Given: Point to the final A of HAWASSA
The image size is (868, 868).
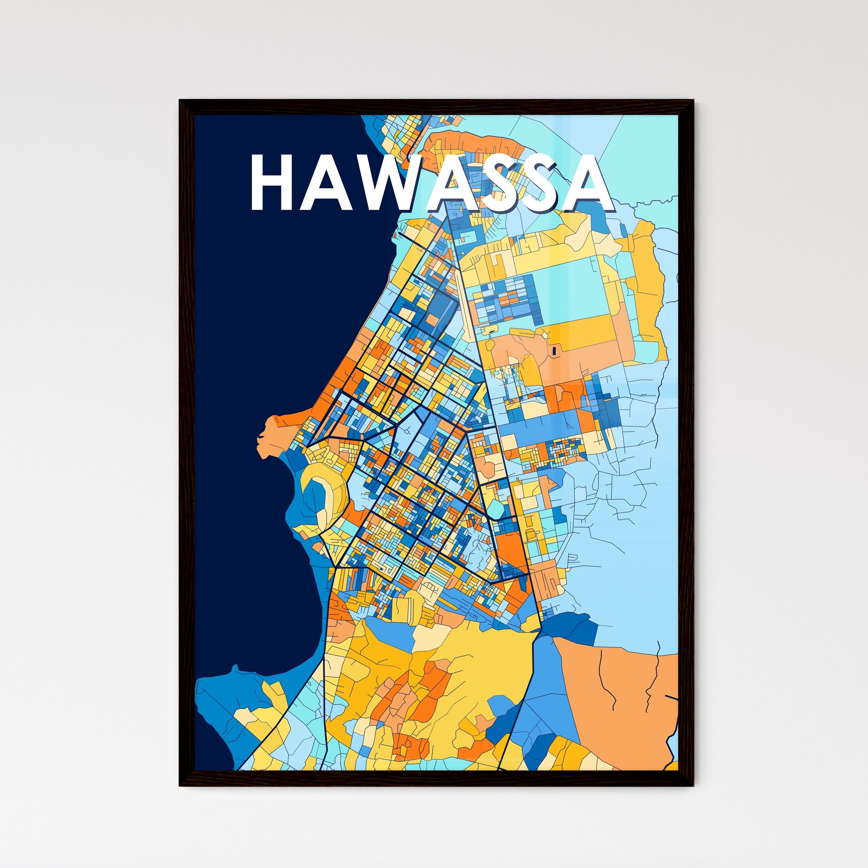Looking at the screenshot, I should coord(588,183).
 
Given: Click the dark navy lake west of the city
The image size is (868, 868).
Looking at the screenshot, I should coord(288,315).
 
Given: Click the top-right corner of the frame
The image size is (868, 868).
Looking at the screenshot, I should coord(693,101).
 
